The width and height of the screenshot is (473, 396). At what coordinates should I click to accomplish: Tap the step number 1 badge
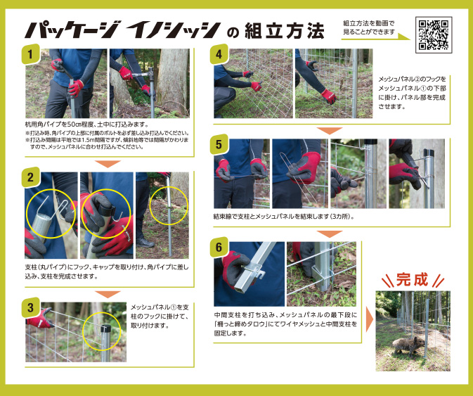tap(30, 54)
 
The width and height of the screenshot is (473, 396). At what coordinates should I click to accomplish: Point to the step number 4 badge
tap(220, 54)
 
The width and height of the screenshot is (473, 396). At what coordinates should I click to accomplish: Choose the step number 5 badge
tap(220, 145)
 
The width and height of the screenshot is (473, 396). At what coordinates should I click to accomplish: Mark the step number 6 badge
tap(220, 248)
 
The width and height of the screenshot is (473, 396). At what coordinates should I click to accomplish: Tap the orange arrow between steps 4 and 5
tap(319, 130)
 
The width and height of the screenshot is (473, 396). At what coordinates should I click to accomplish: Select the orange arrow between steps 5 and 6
tap(319, 233)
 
